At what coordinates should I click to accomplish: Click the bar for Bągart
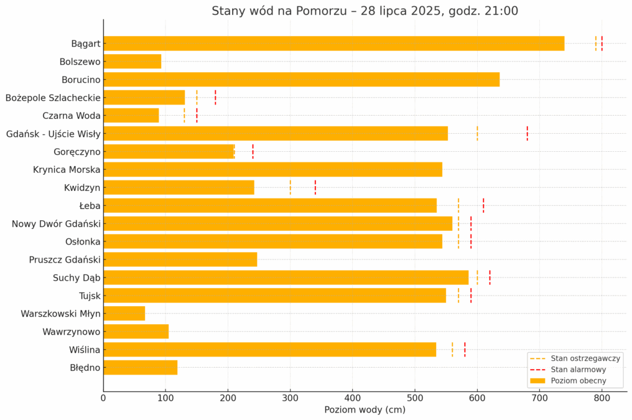point(333,44)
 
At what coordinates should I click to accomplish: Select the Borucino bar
point(301,80)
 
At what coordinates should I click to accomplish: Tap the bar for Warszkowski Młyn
point(124,314)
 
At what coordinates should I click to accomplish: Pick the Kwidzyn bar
point(179,187)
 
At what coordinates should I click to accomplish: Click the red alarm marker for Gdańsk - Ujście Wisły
point(527,133)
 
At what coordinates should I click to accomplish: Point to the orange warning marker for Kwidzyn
point(290,187)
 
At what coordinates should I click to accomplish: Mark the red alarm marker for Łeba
point(483,205)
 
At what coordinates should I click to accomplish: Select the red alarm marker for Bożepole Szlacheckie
point(215,98)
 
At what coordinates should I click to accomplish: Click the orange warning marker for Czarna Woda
point(184,116)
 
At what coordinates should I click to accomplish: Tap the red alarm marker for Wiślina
point(465,350)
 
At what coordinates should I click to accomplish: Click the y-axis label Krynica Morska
point(67,169)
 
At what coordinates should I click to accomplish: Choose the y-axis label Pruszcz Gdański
point(65,259)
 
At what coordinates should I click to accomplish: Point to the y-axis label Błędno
point(85,368)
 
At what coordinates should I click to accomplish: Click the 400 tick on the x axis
point(353,397)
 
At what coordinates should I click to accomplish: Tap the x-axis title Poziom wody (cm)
point(365,409)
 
